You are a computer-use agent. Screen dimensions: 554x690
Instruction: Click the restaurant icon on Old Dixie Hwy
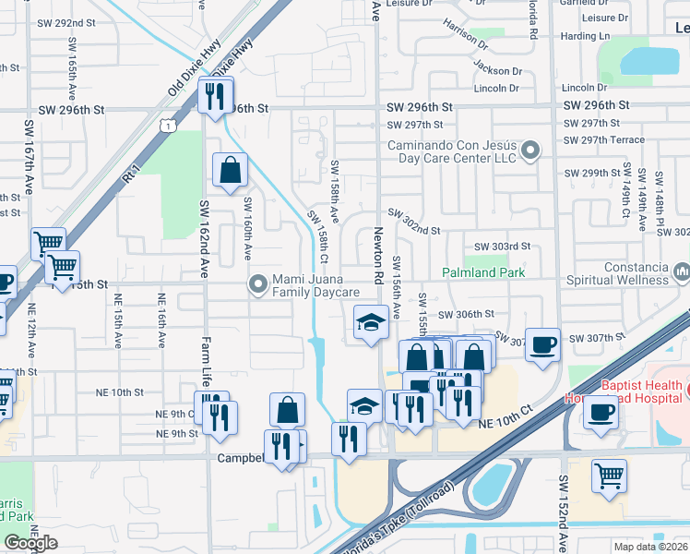point(215,95)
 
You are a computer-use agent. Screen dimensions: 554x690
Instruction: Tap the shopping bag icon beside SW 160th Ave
point(230,171)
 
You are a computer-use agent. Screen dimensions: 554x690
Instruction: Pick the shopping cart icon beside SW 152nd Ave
point(609,476)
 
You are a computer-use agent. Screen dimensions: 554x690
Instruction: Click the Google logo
point(30,543)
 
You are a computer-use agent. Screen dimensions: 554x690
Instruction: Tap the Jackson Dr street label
point(496,70)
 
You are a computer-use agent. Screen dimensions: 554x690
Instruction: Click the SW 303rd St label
point(502,247)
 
